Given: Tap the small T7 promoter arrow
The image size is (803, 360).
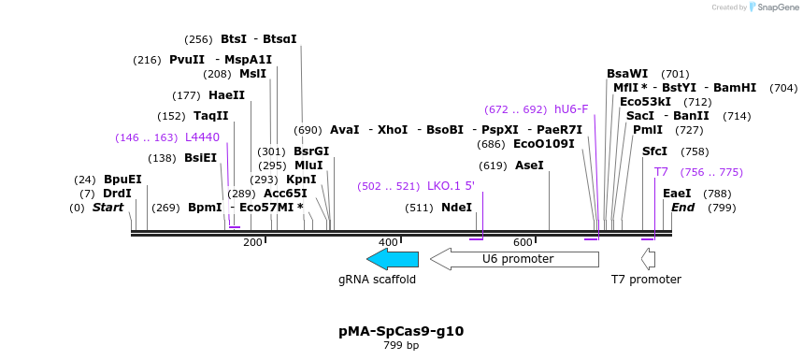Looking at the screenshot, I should [648, 259].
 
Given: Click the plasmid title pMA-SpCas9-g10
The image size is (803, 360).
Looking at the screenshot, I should [401, 331].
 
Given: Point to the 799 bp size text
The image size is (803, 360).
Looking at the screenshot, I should [401, 346].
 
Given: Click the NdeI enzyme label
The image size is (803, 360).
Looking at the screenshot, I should [456, 208].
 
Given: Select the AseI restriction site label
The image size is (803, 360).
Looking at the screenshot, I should [529, 166].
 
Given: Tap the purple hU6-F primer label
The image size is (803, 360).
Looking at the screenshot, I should [571, 109].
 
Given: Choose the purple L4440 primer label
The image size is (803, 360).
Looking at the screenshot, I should [202, 137].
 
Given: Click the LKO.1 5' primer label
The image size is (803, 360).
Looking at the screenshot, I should [451, 186].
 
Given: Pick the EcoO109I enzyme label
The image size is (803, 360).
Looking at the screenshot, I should [544, 144].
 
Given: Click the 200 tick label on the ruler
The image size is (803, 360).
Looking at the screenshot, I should [252, 242].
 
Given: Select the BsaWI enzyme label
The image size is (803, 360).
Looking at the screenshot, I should [627, 74].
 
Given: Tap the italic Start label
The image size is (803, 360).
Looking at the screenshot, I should [108, 208].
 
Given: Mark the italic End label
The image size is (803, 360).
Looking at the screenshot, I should [682, 208].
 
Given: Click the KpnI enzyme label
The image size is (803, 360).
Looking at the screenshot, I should [301, 180].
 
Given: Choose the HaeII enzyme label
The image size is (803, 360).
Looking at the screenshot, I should [226, 95].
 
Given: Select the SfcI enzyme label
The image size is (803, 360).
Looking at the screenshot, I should [654, 151].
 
